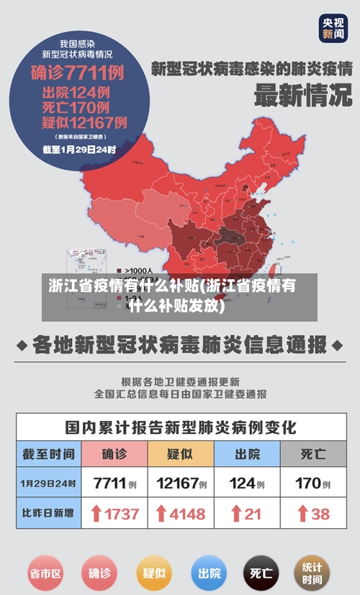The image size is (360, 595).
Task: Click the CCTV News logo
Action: tap(333, 28)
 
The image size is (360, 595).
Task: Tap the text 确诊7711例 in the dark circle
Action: tap(78, 73)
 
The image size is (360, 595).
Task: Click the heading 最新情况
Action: tap(302, 96)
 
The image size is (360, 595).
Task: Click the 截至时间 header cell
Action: tap(48, 454)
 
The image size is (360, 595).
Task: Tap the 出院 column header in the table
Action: tap(247, 454)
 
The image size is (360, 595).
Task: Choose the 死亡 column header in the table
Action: tap(313, 454)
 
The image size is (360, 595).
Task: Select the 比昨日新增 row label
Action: tap(48, 514)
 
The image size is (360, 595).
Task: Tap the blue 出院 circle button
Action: tap(209, 573)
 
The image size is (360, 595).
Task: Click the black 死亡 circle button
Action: tap(261, 573)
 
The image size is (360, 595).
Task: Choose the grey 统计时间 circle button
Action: tap(312, 573)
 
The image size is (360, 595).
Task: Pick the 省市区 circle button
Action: tap(45, 573)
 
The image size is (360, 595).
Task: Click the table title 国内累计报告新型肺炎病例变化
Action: tap(180, 427)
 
